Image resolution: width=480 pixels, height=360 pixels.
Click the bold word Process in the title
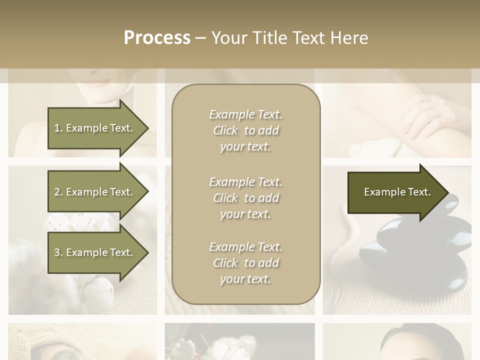point(157,38)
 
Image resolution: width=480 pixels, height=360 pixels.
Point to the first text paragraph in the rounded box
point(245,130)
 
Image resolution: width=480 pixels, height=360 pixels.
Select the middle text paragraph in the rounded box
point(245,197)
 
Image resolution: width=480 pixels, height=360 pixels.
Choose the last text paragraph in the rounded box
point(245,263)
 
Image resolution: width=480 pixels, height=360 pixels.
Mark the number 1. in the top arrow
point(58,128)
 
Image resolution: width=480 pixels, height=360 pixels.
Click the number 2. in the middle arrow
point(58,192)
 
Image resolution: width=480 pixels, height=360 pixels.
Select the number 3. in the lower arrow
point(58,252)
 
